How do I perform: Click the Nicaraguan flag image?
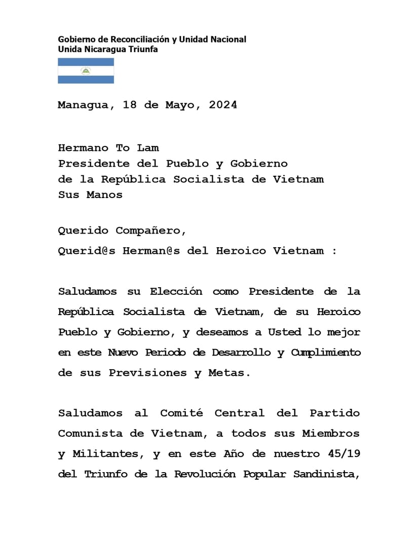(86, 71)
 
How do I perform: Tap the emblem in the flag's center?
(86, 71)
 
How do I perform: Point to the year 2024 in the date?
(223, 105)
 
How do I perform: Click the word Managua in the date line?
(83, 105)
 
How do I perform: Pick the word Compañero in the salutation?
(151, 231)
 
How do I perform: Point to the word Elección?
(176, 292)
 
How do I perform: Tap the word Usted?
(284, 333)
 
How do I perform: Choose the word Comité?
(181, 413)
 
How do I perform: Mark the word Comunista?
(90, 434)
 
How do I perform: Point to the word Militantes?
(108, 454)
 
